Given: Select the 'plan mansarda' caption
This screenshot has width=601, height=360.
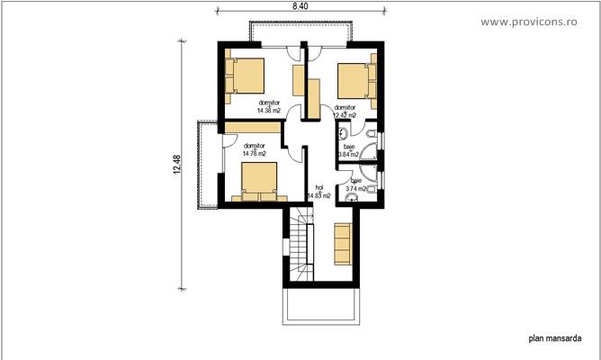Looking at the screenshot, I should pyautogui.click(x=552, y=340).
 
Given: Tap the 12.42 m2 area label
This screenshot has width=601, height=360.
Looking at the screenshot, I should pyautogui.click(x=345, y=115).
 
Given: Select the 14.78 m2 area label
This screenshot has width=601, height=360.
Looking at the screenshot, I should pyautogui.click(x=255, y=154).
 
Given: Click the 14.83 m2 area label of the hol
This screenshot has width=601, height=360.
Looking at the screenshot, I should pyautogui.click(x=318, y=194).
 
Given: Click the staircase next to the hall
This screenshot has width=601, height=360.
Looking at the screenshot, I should pyautogui.click(x=298, y=250).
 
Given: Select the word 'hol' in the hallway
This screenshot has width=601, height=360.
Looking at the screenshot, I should pyautogui.click(x=318, y=187).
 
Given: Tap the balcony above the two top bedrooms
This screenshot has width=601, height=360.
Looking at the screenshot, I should pyautogui.click(x=300, y=34).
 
